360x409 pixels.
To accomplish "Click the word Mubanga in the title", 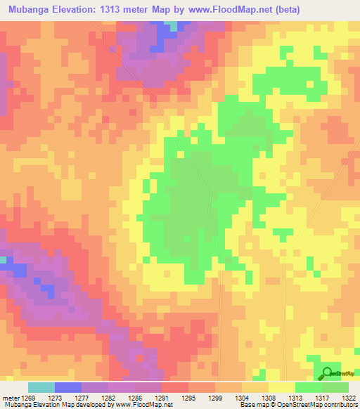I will pos(30,10).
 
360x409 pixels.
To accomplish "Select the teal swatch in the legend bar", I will pos(41,387).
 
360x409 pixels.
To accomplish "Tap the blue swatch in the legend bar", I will pos(67,387).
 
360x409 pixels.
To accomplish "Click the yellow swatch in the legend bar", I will pos(281,387).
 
